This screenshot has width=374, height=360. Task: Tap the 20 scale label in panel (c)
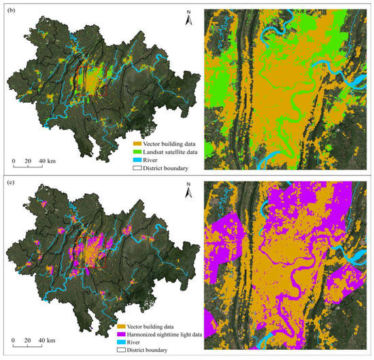(x=27, y=340)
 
